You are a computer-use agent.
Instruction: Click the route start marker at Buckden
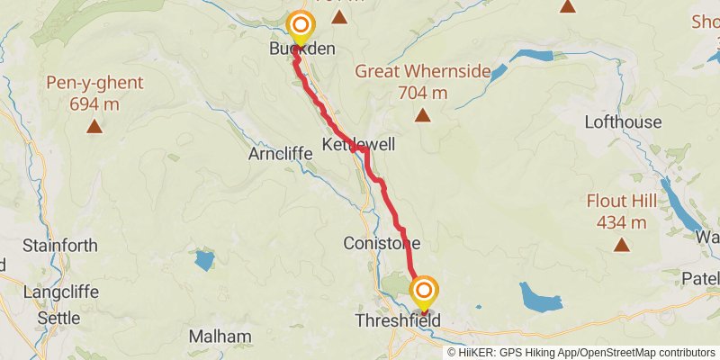click(x=300, y=24)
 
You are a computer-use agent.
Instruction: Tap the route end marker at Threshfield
click(x=424, y=291)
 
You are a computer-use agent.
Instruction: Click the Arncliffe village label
click(x=280, y=154)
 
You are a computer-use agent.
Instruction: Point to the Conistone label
click(x=382, y=243)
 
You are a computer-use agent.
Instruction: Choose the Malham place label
click(x=220, y=337)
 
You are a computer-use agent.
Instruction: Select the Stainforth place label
click(x=53, y=245)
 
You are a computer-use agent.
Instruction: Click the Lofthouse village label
click(x=623, y=121)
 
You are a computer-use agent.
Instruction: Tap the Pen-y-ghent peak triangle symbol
click(x=94, y=127)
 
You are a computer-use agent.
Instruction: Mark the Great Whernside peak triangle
click(x=422, y=114)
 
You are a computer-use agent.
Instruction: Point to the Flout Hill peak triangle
click(x=621, y=244)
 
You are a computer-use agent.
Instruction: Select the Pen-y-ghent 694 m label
click(x=94, y=93)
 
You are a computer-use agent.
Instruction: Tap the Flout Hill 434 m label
click(x=621, y=211)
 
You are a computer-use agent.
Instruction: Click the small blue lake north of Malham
click(x=204, y=261)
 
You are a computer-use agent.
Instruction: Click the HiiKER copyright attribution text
click(x=580, y=352)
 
